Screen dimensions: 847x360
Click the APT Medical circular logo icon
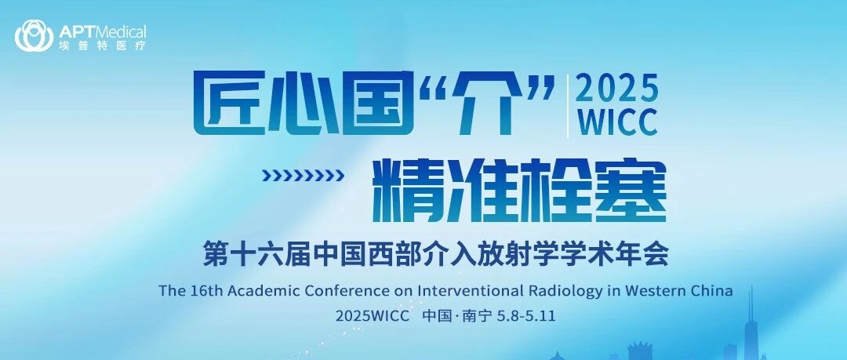pos(34,35)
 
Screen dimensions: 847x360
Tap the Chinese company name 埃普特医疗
pos(103,46)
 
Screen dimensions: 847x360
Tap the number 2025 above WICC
pos(617,89)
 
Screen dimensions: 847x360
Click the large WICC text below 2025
pos(617,122)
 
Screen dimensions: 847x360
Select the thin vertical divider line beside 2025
pos(567,106)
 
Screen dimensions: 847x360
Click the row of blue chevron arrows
pos(303,175)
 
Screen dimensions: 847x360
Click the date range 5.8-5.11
pos(525,315)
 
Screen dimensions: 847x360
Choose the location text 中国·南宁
pos(457,315)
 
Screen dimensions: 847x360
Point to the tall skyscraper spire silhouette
pos(751,319)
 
